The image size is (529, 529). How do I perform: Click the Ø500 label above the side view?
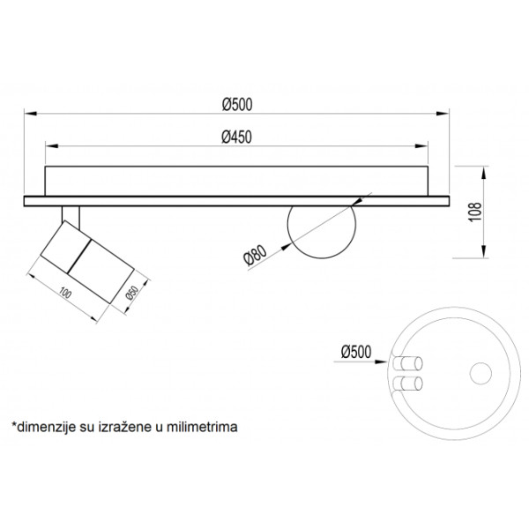click(237, 105)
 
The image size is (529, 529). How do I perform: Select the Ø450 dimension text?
click(236, 137)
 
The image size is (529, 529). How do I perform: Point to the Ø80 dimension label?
click(255, 256)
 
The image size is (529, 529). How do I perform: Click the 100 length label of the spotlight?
click(65, 294)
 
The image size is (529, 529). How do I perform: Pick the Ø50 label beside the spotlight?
click(131, 294)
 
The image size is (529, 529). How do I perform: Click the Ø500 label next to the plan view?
click(356, 352)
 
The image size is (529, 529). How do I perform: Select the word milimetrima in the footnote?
click(203, 427)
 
